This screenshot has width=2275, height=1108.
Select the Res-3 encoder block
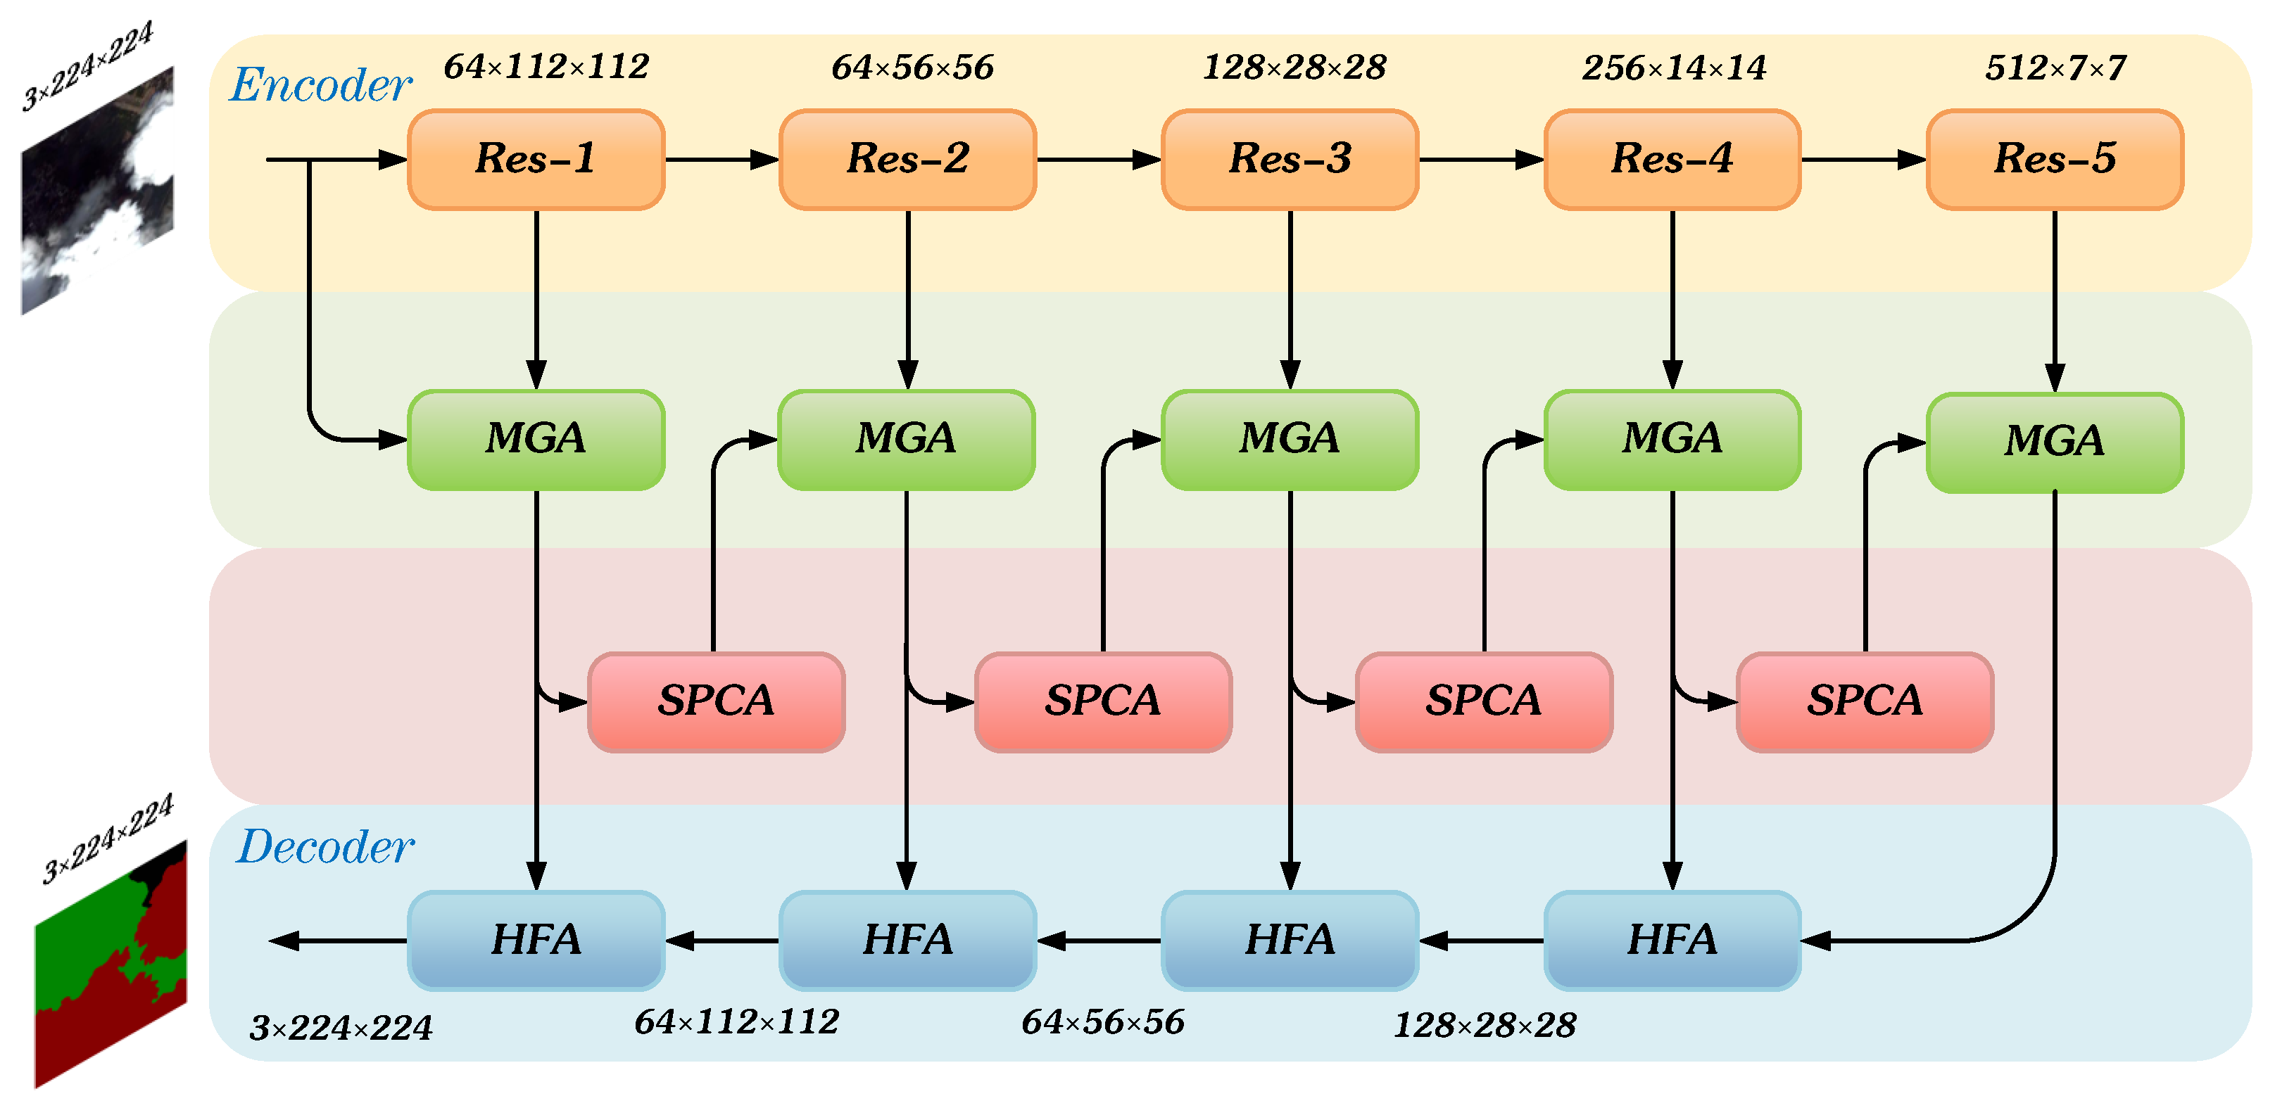(x=1290, y=160)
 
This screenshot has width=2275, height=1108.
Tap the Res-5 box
(x=2054, y=160)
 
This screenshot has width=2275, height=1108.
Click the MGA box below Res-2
(x=906, y=439)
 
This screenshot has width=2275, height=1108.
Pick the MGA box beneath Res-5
(x=2054, y=441)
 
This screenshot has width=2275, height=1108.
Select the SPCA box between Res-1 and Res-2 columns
(x=715, y=701)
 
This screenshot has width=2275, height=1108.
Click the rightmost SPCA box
(x=1865, y=701)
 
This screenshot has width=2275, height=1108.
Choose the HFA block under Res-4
(x=1672, y=939)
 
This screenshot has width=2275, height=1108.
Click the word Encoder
(x=320, y=86)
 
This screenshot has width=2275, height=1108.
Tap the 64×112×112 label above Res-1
(x=546, y=66)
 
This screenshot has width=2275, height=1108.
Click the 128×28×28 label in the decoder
(x=1485, y=1025)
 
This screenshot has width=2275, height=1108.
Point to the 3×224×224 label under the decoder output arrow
(x=341, y=1028)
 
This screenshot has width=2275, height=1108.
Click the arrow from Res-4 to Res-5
(x=1863, y=160)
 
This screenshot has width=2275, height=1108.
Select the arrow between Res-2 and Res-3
(x=1098, y=160)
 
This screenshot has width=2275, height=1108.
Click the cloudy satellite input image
(x=97, y=190)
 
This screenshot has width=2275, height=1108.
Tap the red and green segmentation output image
(x=111, y=962)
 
